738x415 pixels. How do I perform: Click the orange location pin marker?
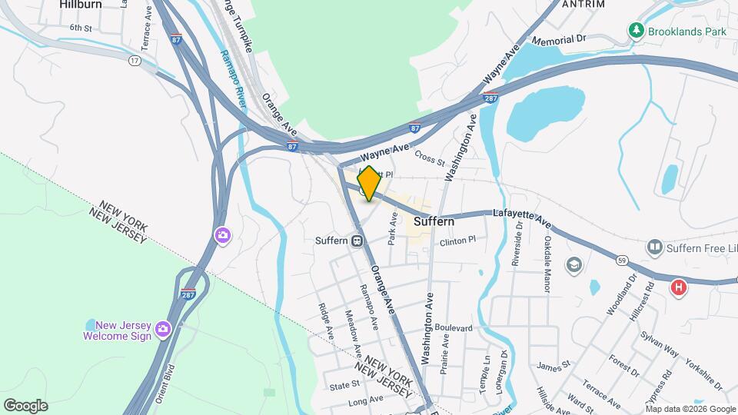click(x=369, y=184)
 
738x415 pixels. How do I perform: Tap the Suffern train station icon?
click(x=357, y=241)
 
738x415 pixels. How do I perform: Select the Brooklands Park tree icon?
click(x=636, y=31)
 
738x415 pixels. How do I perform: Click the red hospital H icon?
click(x=678, y=287)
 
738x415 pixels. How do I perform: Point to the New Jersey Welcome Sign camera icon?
click(x=162, y=329)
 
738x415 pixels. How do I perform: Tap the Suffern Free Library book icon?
click(x=655, y=247)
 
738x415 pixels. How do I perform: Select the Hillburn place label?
click(x=81, y=5)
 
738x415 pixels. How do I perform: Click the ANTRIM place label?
click(x=583, y=5)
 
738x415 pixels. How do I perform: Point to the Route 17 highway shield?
click(x=135, y=59)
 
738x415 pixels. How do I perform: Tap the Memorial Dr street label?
click(x=558, y=39)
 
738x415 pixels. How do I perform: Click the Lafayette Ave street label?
click(x=522, y=217)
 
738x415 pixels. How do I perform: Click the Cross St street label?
click(x=430, y=157)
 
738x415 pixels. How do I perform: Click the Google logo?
click(x=25, y=405)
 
